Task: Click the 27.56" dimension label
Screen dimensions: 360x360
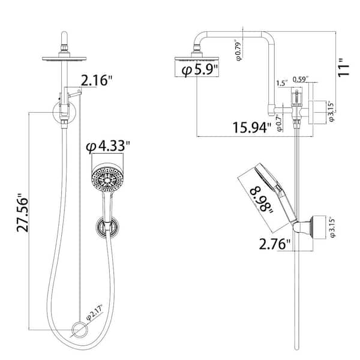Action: (x=23, y=212)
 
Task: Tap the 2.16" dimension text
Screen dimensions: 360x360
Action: (x=97, y=80)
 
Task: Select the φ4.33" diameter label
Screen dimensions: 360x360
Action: (x=108, y=146)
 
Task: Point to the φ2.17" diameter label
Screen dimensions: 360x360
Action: (x=94, y=312)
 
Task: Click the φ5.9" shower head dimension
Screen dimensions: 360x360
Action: (x=200, y=70)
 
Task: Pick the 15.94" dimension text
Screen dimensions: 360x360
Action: (x=252, y=127)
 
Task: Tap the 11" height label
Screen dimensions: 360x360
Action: (x=343, y=67)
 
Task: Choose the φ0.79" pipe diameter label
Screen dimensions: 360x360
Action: (x=239, y=51)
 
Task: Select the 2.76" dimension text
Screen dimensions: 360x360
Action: (x=275, y=244)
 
